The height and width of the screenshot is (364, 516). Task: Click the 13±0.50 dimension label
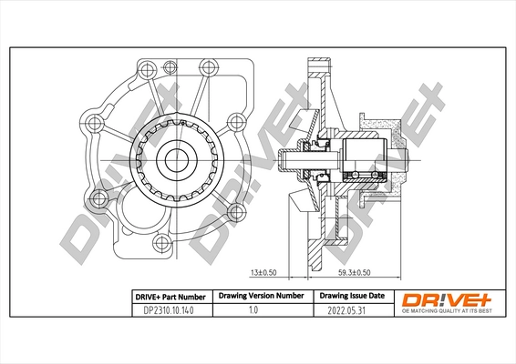[x=264, y=272]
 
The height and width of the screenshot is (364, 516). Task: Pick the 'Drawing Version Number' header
[x=258, y=297]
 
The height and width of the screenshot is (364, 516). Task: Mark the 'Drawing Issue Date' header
[x=351, y=297]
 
